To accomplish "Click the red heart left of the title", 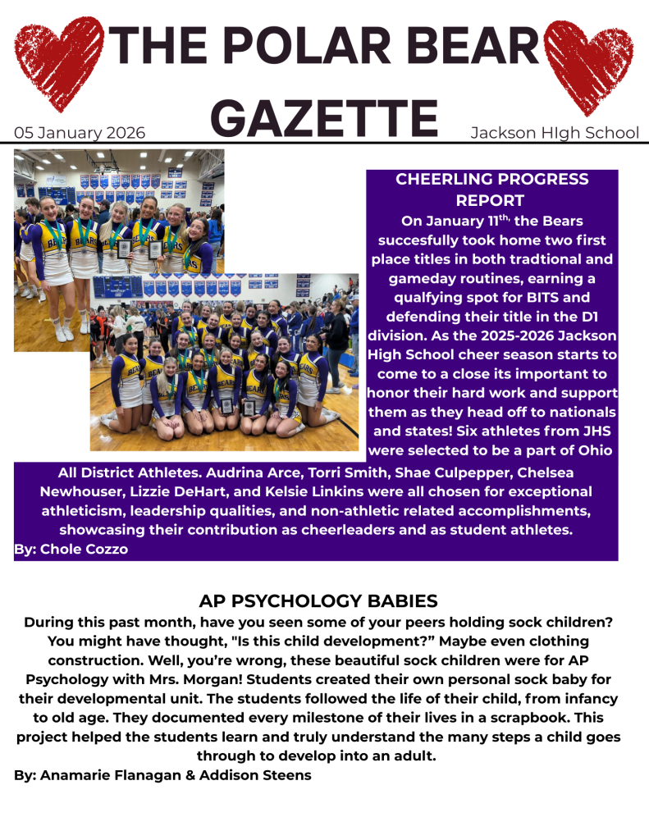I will tap(57, 62).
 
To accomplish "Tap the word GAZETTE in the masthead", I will tap(328, 118).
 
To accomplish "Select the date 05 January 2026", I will tap(80, 133).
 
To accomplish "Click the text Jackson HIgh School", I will tap(554, 133).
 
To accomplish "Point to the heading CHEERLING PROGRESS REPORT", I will tap(491, 189).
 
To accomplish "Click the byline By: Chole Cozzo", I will tap(71, 550).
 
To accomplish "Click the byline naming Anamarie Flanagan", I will tap(162, 774).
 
